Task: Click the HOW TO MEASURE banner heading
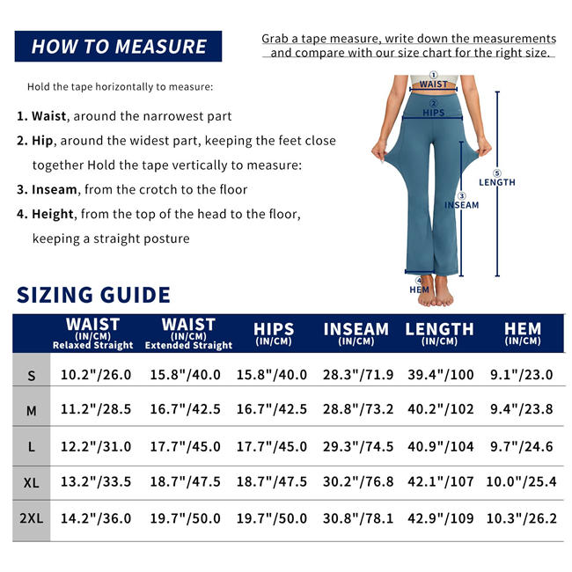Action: tap(119, 47)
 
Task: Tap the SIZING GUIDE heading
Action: tap(93, 294)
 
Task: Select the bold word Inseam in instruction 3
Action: tap(55, 189)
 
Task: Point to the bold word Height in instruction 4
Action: tap(54, 214)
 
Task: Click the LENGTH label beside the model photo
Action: tap(497, 182)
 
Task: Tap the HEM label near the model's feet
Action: tap(420, 290)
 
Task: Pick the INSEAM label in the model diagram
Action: tap(461, 205)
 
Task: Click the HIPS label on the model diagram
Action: tap(434, 113)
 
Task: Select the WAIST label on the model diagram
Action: tap(433, 84)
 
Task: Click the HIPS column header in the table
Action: tap(273, 334)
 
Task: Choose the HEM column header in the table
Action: tap(523, 334)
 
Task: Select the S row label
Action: tap(32, 376)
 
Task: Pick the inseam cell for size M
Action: tap(356, 409)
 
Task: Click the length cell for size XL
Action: tap(440, 481)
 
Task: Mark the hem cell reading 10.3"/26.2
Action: tap(523, 518)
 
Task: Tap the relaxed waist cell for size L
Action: tap(96, 446)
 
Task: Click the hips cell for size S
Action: tap(272, 375)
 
